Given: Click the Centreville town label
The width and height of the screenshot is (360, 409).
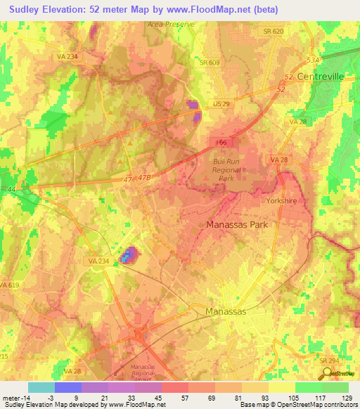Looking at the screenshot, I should (320, 75).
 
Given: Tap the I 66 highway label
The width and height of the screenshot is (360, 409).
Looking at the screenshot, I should (221, 142).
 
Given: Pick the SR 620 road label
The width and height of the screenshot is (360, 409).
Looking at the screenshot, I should (274, 32).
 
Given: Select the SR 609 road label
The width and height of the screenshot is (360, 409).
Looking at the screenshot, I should (209, 63).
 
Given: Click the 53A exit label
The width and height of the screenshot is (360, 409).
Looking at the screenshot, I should (314, 61).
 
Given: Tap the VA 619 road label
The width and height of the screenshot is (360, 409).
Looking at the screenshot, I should (10, 285).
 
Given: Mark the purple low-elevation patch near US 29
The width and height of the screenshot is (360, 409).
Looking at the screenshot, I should (193, 110).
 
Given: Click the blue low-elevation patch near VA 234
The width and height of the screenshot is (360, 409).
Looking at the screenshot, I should (128, 256).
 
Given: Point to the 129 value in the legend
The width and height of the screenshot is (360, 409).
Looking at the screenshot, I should (346, 397).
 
